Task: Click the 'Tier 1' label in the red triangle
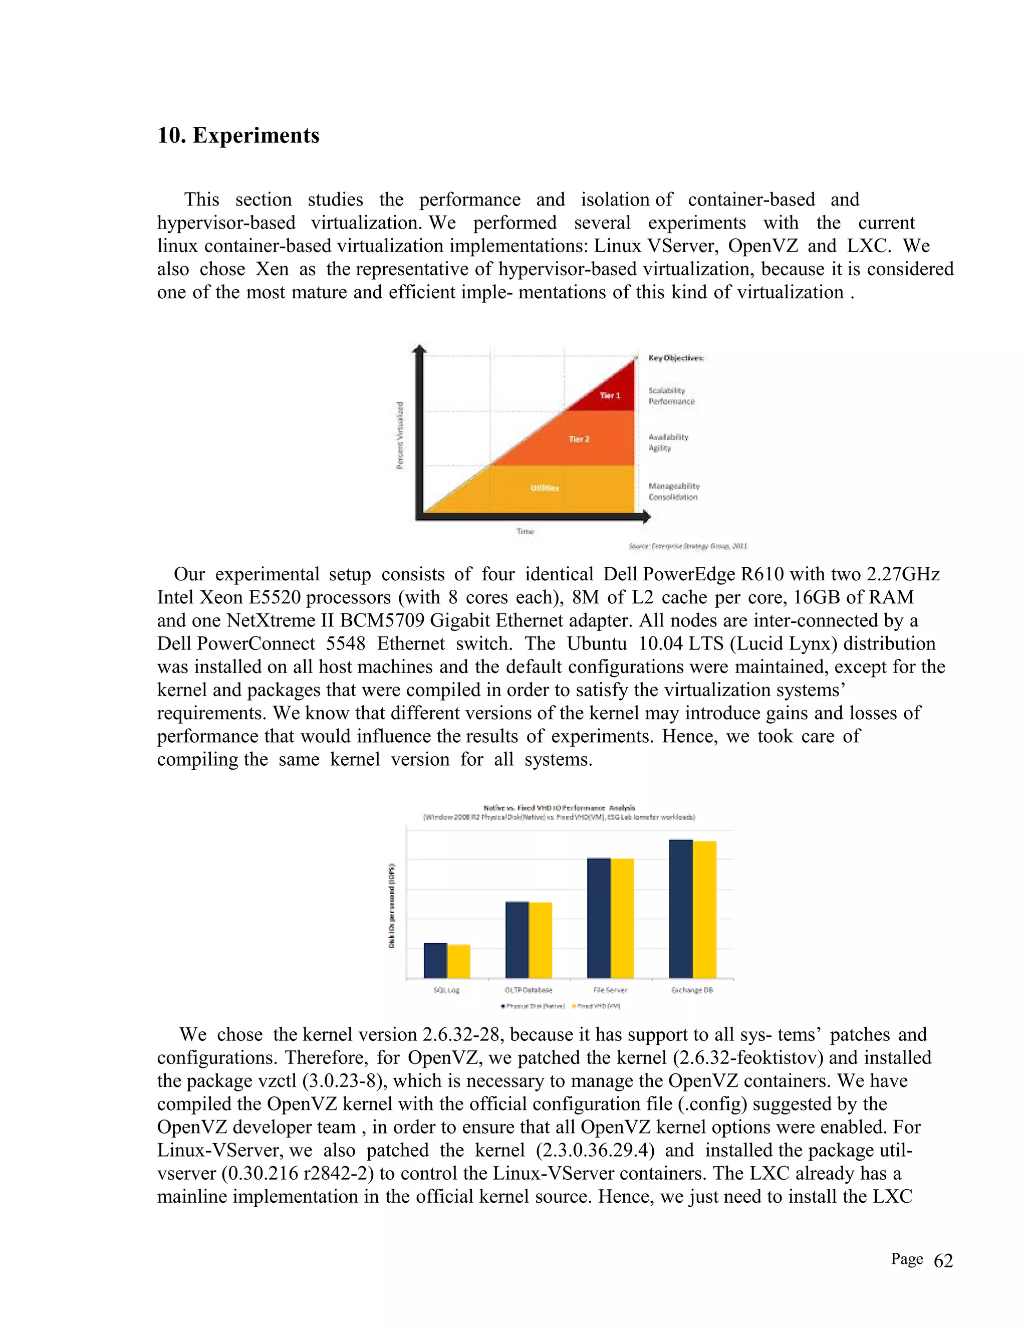(x=610, y=395)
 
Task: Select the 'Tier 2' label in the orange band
(x=579, y=439)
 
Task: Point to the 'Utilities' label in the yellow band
(x=545, y=488)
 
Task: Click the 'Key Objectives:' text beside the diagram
(x=676, y=358)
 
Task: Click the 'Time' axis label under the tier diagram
(x=525, y=531)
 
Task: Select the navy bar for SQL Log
(x=435, y=960)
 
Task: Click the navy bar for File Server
(x=599, y=918)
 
